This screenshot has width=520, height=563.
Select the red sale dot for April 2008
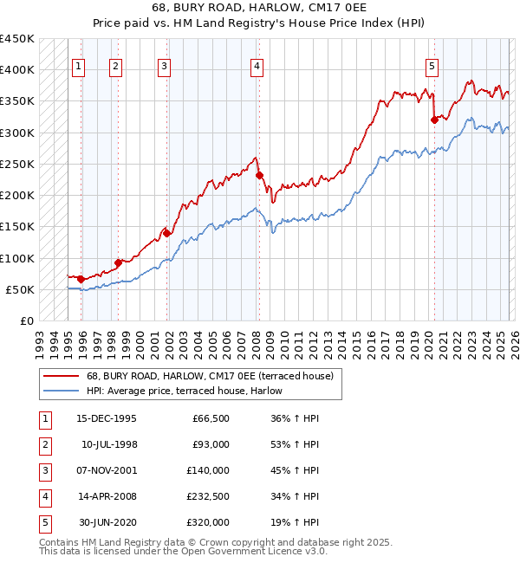point(259,175)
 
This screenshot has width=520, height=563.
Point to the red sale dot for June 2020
point(434,120)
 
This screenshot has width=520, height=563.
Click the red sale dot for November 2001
point(166,232)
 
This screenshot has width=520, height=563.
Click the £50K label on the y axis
point(20,289)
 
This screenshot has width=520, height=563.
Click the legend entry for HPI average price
point(185,391)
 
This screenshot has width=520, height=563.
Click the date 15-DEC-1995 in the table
point(106,418)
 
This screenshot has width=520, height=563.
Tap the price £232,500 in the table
point(210,496)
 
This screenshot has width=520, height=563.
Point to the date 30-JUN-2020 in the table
point(106,522)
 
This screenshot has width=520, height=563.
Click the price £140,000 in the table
point(210,470)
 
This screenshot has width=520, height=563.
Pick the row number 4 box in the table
point(43,496)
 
